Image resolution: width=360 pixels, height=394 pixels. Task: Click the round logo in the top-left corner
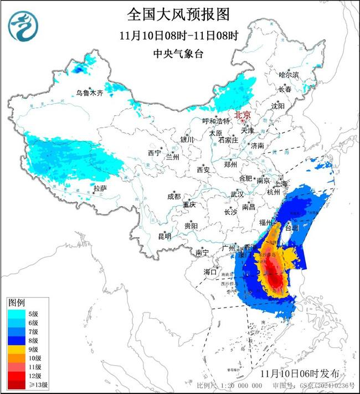tap(22, 27)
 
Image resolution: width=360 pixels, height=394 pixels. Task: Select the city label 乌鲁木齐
tap(90, 93)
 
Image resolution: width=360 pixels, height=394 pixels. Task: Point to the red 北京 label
tap(243, 115)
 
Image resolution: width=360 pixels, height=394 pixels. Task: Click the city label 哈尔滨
tap(289, 74)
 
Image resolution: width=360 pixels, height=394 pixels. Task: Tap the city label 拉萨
tap(100, 188)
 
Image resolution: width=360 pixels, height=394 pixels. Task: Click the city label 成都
tap(174, 196)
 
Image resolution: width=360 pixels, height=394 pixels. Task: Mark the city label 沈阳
tap(277, 105)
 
